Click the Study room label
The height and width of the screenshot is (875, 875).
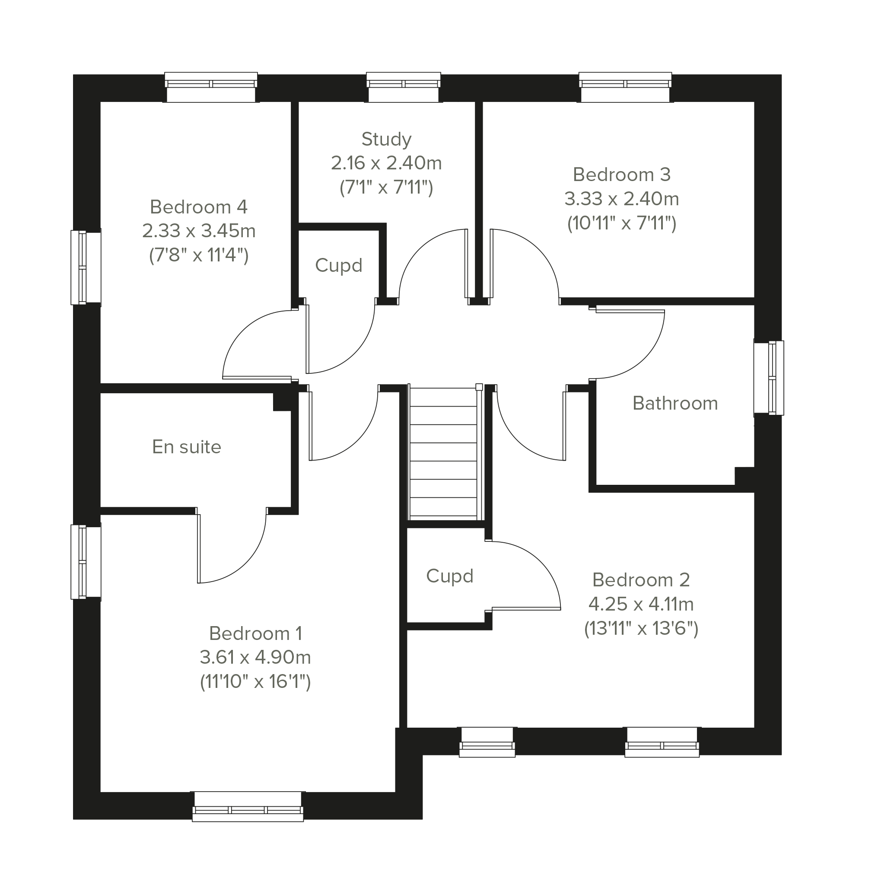(386, 140)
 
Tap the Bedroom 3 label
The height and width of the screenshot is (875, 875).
(621, 175)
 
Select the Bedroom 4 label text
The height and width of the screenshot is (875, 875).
(198, 207)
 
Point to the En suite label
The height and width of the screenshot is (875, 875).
(187, 447)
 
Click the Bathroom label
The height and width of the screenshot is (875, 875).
(675, 403)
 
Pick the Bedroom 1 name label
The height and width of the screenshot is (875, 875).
(255, 633)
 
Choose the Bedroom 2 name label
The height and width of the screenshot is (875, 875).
(641, 580)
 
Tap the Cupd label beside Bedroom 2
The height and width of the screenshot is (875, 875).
(450, 576)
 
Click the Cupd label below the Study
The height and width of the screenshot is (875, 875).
(339, 266)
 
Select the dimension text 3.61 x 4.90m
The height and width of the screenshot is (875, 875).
(255, 657)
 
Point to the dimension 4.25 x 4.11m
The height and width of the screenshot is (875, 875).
(641, 604)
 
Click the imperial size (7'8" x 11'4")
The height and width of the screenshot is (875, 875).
(198, 255)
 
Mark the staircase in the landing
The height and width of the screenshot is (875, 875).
(443, 453)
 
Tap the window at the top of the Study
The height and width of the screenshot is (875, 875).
(403, 87)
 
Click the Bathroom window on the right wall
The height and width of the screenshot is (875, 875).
(769, 378)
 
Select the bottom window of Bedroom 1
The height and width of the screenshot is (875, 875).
(248, 806)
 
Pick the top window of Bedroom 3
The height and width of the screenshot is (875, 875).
(625, 87)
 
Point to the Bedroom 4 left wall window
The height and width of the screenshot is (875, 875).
(86, 267)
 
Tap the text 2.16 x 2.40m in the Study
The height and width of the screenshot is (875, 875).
(386, 163)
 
